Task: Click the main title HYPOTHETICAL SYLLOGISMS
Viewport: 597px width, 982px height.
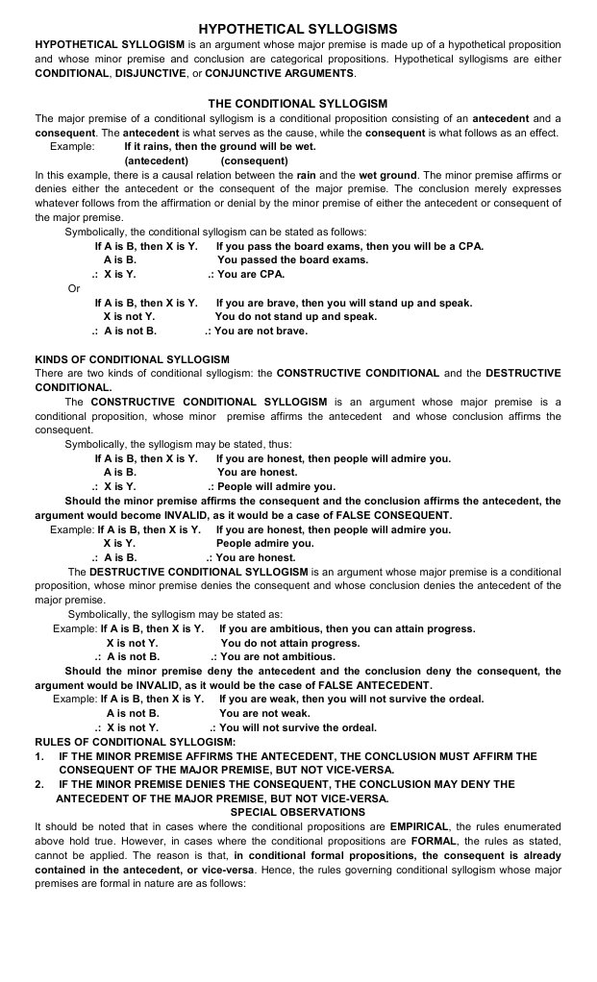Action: [x=297, y=30]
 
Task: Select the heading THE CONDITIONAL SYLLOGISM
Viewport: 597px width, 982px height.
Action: [x=297, y=103]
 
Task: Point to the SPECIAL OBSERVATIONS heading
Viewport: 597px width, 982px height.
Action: [x=298, y=812]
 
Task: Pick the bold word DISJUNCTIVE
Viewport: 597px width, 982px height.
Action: [x=157, y=73]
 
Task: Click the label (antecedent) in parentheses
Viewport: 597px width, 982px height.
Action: [x=157, y=160]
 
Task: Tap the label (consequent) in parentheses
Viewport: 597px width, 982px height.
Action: [x=254, y=160]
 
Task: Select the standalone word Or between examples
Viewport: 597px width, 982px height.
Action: [x=74, y=288]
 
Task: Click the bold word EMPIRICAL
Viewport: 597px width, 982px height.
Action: [x=424, y=826]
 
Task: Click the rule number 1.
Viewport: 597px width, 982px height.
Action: [x=38, y=756]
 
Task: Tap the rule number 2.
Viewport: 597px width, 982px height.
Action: [x=38, y=784]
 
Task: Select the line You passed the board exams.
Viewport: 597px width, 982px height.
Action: [x=292, y=259]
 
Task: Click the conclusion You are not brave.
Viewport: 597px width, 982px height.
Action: [x=261, y=331]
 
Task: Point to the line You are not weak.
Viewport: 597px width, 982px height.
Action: [x=264, y=714]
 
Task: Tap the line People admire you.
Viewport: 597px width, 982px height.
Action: [x=259, y=543]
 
